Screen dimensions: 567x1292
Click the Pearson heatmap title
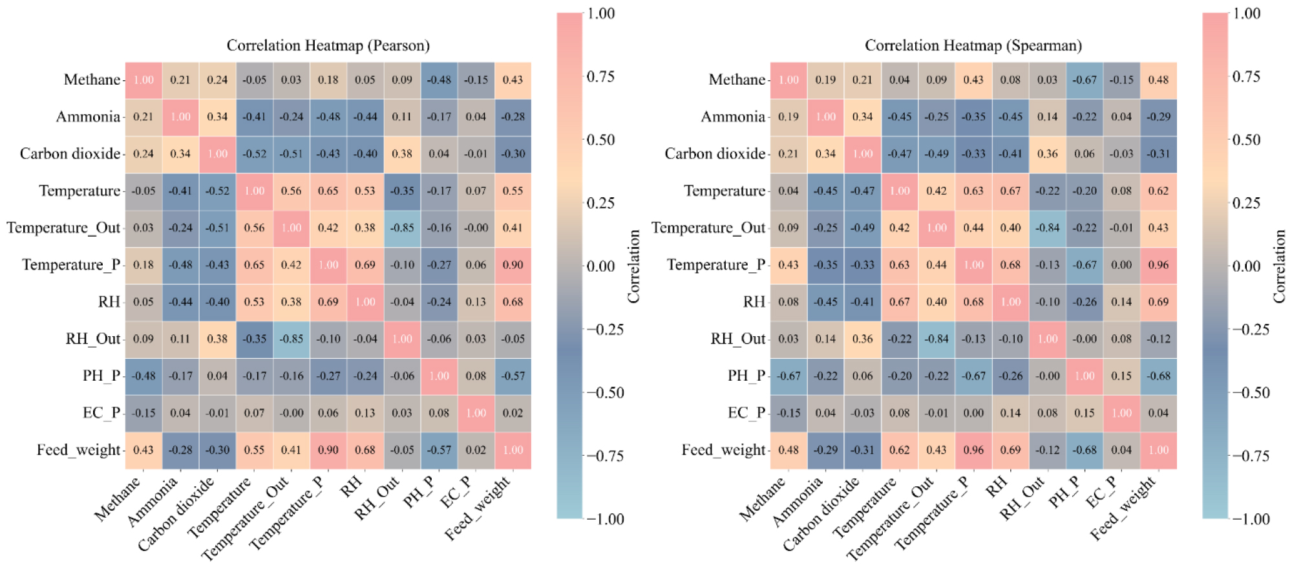coord(328,45)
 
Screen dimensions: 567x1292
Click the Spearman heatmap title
coord(973,45)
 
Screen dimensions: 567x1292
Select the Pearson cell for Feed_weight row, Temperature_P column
coord(328,450)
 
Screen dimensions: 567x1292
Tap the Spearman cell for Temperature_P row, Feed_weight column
coord(1158,265)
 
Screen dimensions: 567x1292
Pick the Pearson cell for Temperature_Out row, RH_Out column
coord(402,228)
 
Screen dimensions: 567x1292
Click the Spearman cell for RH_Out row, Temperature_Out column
coord(937,339)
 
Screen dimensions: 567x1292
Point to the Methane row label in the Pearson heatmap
coord(92,80)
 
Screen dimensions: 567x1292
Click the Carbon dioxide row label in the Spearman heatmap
coord(715,154)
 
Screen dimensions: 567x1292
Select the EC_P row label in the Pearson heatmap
coord(101,413)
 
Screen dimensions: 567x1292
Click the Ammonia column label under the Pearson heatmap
coord(153,502)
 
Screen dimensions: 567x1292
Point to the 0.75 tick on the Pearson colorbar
coord(600,76)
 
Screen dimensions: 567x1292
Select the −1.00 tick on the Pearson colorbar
coord(605,519)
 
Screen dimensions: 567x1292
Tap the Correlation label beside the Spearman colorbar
coord(1279,266)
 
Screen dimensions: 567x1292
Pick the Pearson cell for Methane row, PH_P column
coord(439,80)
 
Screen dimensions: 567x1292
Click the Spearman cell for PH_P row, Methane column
coord(789,376)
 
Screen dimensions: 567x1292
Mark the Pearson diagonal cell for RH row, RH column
coord(365,302)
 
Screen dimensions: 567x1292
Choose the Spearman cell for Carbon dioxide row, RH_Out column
coord(1047,154)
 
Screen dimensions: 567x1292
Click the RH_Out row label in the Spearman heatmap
coord(737,339)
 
